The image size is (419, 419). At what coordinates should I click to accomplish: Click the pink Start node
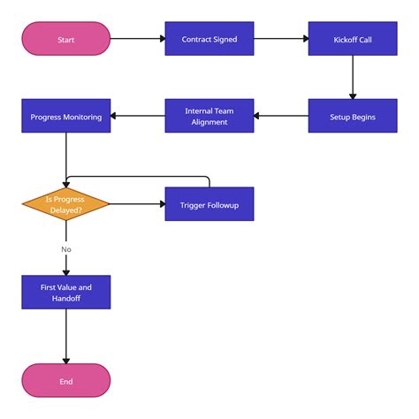pyautogui.click(x=66, y=39)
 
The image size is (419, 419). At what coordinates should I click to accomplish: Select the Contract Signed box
pyautogui.click(x=209, y=39)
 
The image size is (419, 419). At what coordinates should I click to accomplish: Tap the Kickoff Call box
pyautogui.click(x=352, y=39)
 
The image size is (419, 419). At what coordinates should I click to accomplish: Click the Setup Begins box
pyautogui.click(x=352, y=116)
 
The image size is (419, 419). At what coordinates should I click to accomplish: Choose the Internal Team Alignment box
pyautogui.click(x=209, y=116)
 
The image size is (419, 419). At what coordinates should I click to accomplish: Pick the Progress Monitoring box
pyautogui.click(x=66, y=116)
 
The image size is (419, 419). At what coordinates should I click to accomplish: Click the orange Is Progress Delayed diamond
pyautogui.click(x=66, y=204)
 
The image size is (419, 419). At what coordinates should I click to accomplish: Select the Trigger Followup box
pyautogui.click(x=209, y=204)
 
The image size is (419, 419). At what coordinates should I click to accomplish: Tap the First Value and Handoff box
pyautogui.click(x=66, y=293)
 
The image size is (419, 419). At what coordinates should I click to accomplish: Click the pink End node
pyautogui.click(x=66, y=381)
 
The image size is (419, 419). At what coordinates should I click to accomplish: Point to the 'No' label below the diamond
pyautogui.click(x=66, y=249)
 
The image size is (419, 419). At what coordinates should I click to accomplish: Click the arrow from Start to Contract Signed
pyautogui.click(x=137, y=39)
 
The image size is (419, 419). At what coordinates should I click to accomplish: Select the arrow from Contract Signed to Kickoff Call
pyautogui.click(x=280, y=39)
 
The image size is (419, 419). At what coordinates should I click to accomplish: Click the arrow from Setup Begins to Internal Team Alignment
pyautogui.click(x=281, y=116)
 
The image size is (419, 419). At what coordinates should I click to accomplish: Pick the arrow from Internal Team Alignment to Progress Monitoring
pyautogui.click(x=138, y=116)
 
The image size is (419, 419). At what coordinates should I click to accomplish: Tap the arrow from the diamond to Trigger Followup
pyautogui.click(x=137, y=204)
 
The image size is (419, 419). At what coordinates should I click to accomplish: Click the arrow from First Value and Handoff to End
pyautogui.click(x=66, y=336)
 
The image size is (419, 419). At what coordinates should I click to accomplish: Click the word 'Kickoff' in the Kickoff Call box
pyautogui.click(x=344, y=39)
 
